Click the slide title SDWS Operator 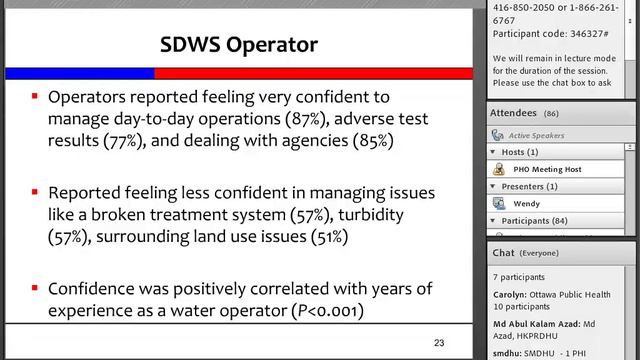(x=239, y=45)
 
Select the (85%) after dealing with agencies (x=372, y=141)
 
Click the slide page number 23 (x=439, y=343)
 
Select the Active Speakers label (x=537, y=134)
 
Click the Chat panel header (x=521, y=254)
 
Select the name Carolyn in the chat (x=514, y=296)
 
